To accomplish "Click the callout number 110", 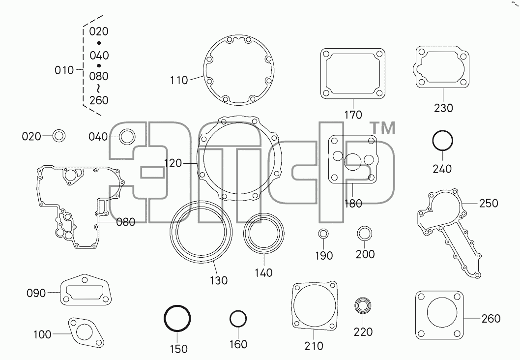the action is [x=179, y=80].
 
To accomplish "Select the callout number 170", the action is [x=353, y=115].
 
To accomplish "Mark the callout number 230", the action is [x=443, y=108].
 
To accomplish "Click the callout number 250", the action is [x=489, y=203].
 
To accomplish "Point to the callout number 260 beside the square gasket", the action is [x=491, y=319].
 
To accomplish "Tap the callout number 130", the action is [x=219, y=280].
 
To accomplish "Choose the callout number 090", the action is [x=36, y=293].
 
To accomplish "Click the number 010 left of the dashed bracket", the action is [x=64, y=70].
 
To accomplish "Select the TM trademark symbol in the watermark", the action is [x=382, y=128].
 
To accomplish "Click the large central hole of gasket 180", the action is [x=352, y=162].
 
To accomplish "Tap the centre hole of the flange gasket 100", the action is [x=85, y=332].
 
